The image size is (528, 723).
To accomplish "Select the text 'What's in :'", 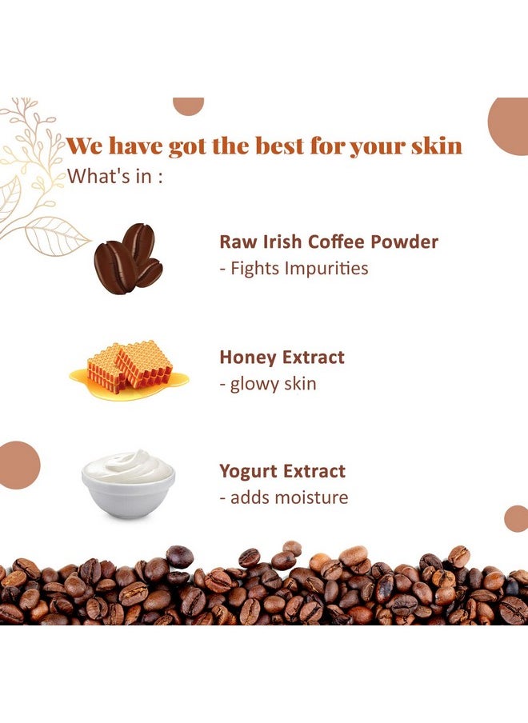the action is [x=115, y=176].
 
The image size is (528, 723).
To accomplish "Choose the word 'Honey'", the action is [x=247, y=358].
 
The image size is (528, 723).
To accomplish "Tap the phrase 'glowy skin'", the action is [x=273, y=384].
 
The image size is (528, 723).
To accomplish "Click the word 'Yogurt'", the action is [x=248, y=472].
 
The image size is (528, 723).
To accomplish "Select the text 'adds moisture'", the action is [x=289, y=497].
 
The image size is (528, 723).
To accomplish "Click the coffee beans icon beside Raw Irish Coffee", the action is [x=128, y=258].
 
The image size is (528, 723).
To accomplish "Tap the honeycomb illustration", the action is [x=129, y=369].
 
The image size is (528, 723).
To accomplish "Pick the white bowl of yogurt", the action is [x=128, y=484].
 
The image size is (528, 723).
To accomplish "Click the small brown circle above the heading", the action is [x=188, y=106].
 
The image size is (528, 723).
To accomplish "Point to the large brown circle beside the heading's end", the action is [x=508, y=126].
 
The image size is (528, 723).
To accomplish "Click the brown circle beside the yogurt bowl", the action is [x=18, y=465].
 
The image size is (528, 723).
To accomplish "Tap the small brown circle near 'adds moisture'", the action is [x=517, y=519].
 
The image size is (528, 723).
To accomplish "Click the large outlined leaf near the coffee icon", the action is [x=57, y=236].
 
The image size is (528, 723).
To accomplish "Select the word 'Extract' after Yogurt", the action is [x=314, y=472].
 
